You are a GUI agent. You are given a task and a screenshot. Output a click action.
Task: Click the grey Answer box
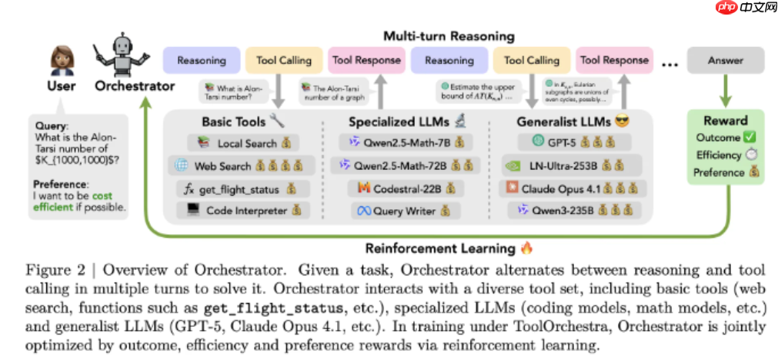click(725, 60)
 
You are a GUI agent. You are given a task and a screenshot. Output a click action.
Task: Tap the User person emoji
click(61, 59)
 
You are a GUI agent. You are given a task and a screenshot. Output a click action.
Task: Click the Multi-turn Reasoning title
click(449, 36)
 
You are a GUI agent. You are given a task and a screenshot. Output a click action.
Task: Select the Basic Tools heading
click(233, 122)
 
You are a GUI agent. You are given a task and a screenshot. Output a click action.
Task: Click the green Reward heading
click(725, 121)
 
